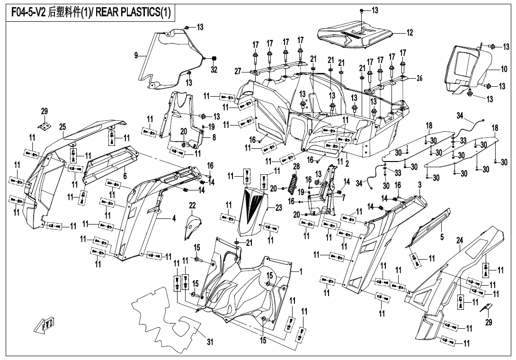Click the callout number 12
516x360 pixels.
point(409,33)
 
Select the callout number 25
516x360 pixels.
point(62,127)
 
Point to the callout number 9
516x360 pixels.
point(136,55)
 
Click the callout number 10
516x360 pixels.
point(504,69)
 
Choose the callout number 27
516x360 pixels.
point(238,71)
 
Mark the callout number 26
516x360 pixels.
point(419,79)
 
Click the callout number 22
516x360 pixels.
point(192,205)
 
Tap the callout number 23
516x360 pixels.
point(278,207)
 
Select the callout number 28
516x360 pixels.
point(296,166)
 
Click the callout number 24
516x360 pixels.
point(459,241)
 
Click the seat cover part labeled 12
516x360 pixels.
point(355,35)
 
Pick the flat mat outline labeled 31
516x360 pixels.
point(166,315)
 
